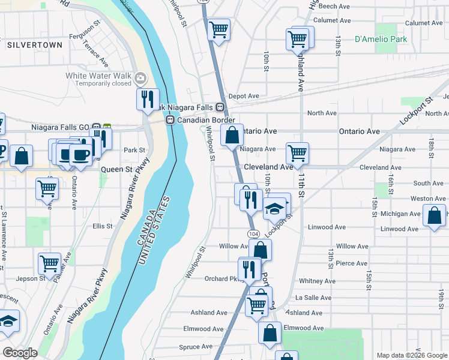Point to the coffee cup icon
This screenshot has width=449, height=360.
click(x=80, y=154)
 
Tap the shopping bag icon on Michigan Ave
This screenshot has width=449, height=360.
click(x=434, y=214)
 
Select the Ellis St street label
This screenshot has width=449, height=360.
click(x=102, y=226)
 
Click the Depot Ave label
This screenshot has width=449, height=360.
click(x=243, y=96)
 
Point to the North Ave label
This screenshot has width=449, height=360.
click(x=322, y=113)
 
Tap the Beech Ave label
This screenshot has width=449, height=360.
click(x=334, y=6)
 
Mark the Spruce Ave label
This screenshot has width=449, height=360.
click(x=196, y=347)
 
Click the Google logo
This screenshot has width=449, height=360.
click(x=20, y=353)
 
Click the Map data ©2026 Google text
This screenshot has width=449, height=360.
click(x=411, y=355)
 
